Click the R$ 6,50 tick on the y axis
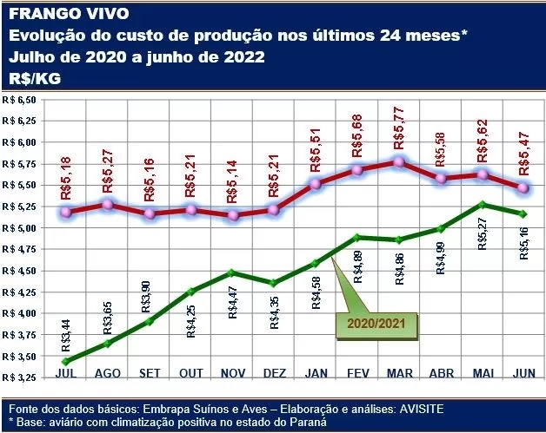pos(20,100)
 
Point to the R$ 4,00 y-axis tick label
pos(20,313)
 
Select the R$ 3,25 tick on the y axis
pos(20,377)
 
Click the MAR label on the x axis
pos(398,374)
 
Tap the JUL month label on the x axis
pos(65,374)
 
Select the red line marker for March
pos(398,162)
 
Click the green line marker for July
pos(65,361)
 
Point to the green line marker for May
pos(482,205)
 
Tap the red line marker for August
pos(107,205)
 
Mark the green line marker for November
pos(232,272)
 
